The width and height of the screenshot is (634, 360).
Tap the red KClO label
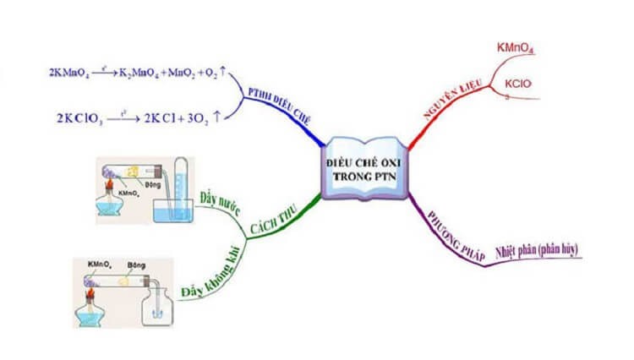click(x=517, y=85)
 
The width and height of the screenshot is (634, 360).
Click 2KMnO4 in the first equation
click(x=67, y=74)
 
